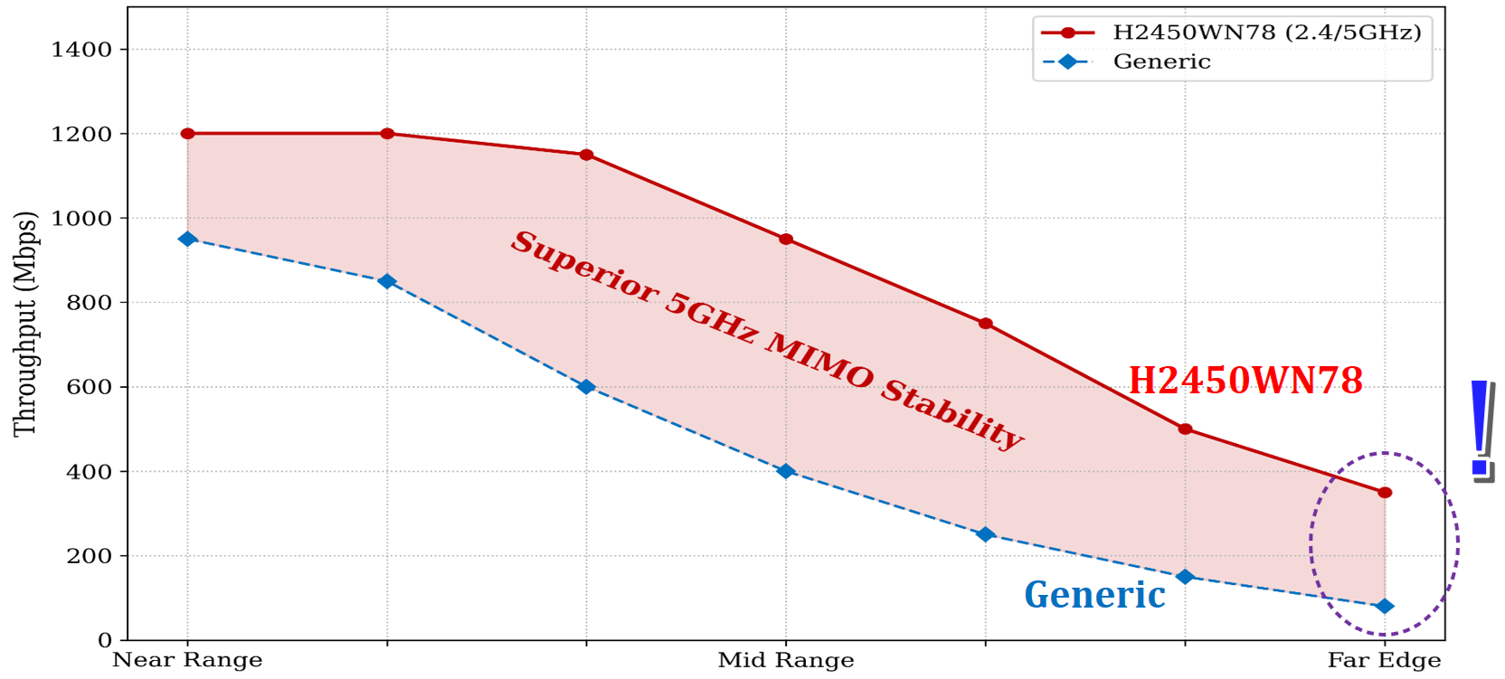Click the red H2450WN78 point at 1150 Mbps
tap(586, 155)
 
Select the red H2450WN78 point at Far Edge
tap(1385, 493)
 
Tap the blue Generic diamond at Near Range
tap(187, 239)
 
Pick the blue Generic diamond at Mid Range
tap(786, 471)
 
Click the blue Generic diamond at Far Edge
tap(1385, 606)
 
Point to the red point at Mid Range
tap(786, 240)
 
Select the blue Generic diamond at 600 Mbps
tap(586, 387)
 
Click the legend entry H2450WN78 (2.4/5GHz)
tap(1266, 33)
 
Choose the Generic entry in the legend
tap(1161, 61)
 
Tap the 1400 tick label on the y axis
tap(81, 50)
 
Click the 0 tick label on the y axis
tap(105, 640)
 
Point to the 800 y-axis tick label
tap(89, 303)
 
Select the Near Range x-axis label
tap(187, 661)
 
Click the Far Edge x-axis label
tap(1384, 661)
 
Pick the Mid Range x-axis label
tap(786, 661)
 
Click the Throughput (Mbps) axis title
tap(25, 324)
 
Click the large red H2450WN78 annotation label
tap(1245, 381)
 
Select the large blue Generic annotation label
tap(1094, 595)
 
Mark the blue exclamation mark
tap(1481, 429)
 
